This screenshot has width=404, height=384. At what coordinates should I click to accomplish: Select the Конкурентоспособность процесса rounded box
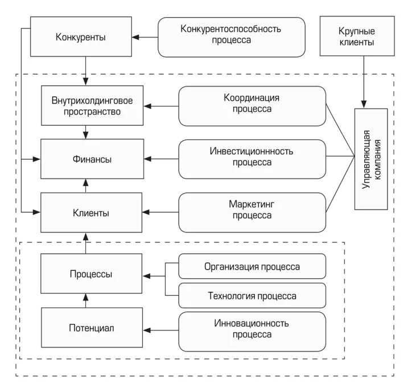click(231, 37)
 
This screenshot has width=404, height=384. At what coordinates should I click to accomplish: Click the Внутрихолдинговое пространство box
click(92, 106)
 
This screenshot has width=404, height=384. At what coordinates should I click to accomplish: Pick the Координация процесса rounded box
click(252, 106)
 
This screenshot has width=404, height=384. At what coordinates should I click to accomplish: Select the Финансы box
click(92, 159)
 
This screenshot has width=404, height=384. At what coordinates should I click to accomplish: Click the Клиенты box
click(92, 213)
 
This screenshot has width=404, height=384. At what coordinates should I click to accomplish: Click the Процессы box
click(92, 275)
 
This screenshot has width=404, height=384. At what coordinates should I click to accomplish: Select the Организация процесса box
click(252, 266)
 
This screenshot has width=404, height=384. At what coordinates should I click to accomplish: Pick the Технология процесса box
click(252, 295)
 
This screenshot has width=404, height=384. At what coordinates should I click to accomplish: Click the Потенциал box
click(92, 328)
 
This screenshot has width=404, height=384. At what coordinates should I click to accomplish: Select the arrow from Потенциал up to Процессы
click(85, 300)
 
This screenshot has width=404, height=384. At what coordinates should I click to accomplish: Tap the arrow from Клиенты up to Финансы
click(85, 185)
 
